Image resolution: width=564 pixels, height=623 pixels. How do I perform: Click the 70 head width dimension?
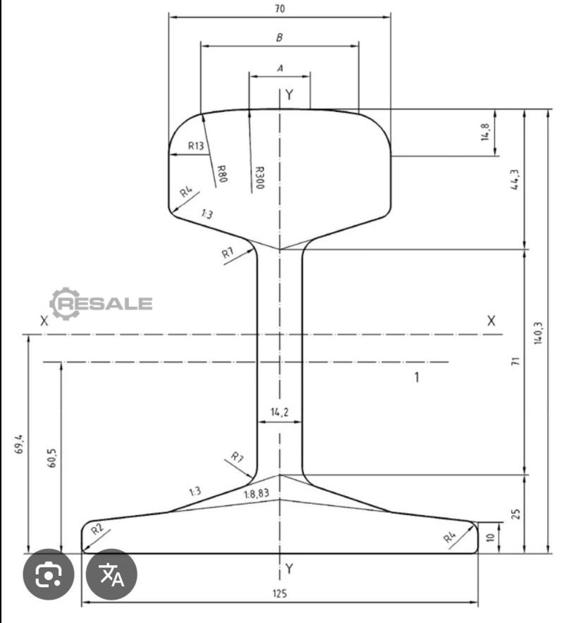pos(280,8)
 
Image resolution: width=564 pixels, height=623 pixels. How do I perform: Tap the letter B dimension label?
pos(279,38)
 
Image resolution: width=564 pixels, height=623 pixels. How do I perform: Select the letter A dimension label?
pos(280,68)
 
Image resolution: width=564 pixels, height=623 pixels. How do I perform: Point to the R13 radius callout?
pos(196,146)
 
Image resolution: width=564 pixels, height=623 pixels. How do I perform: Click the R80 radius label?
pos(222,173)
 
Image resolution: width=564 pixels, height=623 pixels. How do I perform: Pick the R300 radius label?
pos(259,178)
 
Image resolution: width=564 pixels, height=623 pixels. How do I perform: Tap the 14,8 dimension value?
pos(485,132)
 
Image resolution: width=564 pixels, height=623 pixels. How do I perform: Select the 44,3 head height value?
pos(515,180)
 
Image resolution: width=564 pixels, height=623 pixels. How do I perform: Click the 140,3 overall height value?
pos(538,333)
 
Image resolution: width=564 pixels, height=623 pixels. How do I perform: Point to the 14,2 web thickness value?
pos(280,412)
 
